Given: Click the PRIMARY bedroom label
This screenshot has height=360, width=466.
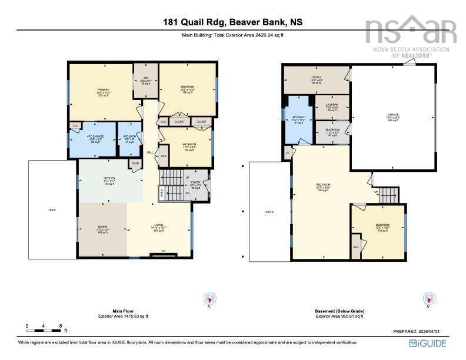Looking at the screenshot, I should [x=104, y=89].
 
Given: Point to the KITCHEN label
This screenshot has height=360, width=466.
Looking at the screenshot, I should [x=109, y=178].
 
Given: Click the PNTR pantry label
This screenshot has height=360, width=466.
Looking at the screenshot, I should [x=135, y=164].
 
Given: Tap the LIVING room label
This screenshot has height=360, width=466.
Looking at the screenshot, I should [x=158, y=226].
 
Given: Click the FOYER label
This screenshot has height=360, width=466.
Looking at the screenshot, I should [x=196, y=183].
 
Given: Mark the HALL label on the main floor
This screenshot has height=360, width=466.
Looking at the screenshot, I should [x=150, y=152].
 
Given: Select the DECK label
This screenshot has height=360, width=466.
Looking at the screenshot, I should [x=52, y=210].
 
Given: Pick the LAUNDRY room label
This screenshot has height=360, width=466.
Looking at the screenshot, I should [x=332, y=104].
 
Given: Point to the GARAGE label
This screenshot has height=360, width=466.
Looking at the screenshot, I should [x=392, y=115].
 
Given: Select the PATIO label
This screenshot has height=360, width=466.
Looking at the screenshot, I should [x=269, y=211].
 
